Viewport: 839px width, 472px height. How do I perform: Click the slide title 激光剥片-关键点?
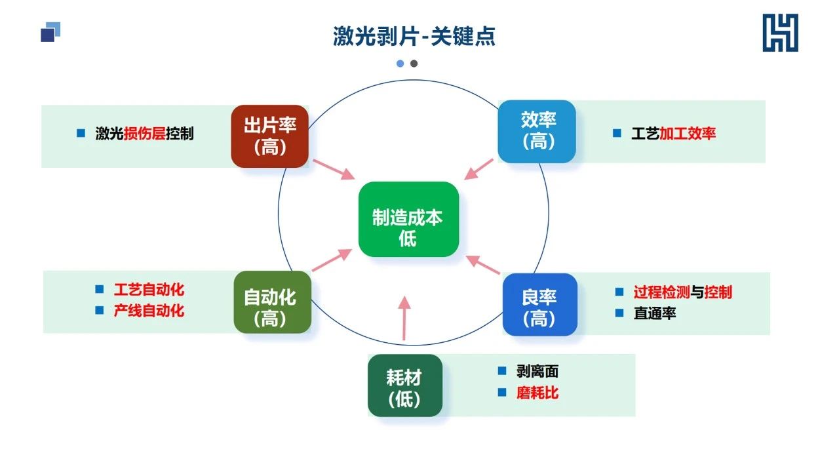[x=414, y=35]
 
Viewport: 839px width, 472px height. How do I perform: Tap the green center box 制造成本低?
[x=408, y=219]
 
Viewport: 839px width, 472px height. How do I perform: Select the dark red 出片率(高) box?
[x=269, y=136]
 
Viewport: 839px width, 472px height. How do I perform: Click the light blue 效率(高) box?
[x=537, y=131]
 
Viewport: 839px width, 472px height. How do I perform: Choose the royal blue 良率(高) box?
[x=539, y=304]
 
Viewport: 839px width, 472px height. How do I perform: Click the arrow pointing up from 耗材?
[x=404, y=318]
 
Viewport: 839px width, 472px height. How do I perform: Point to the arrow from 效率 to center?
[x=479, y=168]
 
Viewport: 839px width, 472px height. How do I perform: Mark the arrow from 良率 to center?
[x=483, y=264]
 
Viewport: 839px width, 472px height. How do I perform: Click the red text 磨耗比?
[x=537, y=393]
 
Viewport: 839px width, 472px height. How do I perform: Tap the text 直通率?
[x=655, y=313]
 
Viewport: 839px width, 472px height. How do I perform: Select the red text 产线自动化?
[x=149, y=311]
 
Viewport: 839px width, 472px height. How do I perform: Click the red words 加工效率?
[x=688, y=134]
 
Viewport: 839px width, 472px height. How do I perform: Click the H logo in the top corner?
[x=780, y=33]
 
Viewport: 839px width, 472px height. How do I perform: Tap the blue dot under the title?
[x=400, y=64]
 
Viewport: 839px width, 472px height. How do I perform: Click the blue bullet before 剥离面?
[x=502, y=371]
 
